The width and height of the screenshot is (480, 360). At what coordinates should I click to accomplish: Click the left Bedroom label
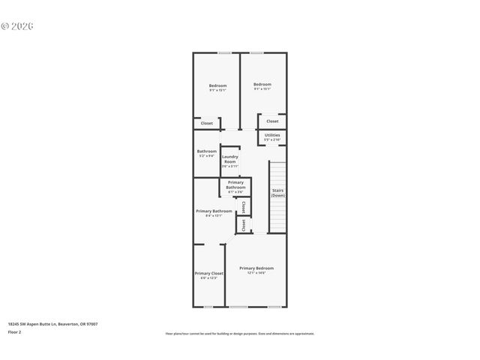tap(217, 85)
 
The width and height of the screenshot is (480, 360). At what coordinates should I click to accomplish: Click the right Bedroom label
tap(262, 84)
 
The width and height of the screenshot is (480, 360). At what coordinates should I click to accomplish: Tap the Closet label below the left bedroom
tap(206, 123)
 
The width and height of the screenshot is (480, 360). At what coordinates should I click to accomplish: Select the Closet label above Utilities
tap(272, 121)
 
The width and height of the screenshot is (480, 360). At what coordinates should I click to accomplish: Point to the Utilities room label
tap(272, 135)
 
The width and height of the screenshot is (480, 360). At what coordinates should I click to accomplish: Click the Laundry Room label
tap(229, 159)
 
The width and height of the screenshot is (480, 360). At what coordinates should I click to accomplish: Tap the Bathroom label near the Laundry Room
tap(207, 151)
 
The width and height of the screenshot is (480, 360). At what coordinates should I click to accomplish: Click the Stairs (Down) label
tap(278, 193)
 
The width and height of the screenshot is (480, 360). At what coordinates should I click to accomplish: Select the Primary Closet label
tap(208, 274)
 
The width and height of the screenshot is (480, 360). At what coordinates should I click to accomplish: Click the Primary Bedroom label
tap(256, 268)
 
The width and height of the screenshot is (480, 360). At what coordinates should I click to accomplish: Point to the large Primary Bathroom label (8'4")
tap(214, 211)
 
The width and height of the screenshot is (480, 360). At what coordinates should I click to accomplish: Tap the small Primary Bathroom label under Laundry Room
tap(235, 184)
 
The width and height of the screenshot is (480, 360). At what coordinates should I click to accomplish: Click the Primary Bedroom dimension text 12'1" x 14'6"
tap(256, 273)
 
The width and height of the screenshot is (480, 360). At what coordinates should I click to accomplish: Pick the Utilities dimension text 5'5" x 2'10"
tap(272, 139)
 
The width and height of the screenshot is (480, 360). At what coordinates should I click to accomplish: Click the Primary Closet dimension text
tap(208, 278)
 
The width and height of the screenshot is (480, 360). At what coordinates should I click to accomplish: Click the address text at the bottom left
tap(52, 324)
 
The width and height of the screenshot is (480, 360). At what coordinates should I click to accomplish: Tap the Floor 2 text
tap(15, 331)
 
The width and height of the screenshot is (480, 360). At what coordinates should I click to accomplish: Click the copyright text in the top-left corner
tap(17, 25)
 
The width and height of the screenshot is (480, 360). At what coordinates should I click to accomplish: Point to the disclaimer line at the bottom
tap(239, 333)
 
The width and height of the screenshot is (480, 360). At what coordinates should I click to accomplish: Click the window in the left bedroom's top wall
tap(223, 52)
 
